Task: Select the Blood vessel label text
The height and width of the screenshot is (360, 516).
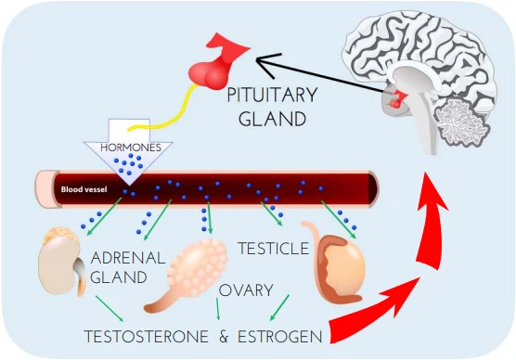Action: (84, 188)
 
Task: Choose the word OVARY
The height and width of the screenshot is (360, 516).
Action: (244, 290)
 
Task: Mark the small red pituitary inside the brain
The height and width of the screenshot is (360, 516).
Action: (400, 98)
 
